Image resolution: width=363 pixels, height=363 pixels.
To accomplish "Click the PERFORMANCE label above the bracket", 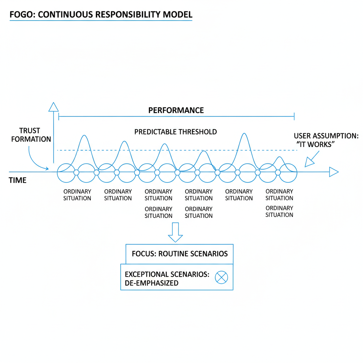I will coord(176,110).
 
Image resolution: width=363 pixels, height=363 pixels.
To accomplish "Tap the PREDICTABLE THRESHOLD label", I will coord(175,132).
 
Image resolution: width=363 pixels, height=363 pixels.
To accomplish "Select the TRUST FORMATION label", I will coord(31,135).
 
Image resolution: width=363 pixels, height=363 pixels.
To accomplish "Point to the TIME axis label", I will coord(17,181).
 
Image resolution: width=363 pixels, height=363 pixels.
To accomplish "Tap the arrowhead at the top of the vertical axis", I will coord(54,107).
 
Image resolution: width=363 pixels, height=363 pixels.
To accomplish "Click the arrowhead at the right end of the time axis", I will coord(334,172).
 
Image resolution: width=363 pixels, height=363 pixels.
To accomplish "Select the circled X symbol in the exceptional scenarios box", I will coord(222,278).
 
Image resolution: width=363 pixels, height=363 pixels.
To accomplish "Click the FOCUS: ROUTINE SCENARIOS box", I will coord(179,254).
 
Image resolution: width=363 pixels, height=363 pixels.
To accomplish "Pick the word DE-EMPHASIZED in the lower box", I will coord(152,283).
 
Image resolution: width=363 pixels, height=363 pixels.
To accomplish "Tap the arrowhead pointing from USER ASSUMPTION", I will coord(309,162).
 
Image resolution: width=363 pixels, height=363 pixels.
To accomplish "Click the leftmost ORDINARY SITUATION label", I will coord(77,195).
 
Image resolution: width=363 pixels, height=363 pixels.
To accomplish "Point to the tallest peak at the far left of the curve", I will coord(84,136).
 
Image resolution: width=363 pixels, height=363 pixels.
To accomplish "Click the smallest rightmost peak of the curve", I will coord(280,157).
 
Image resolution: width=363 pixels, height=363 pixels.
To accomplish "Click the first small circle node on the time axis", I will coord(76,172).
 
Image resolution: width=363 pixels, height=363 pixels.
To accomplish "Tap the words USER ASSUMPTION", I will coord(326,136).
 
